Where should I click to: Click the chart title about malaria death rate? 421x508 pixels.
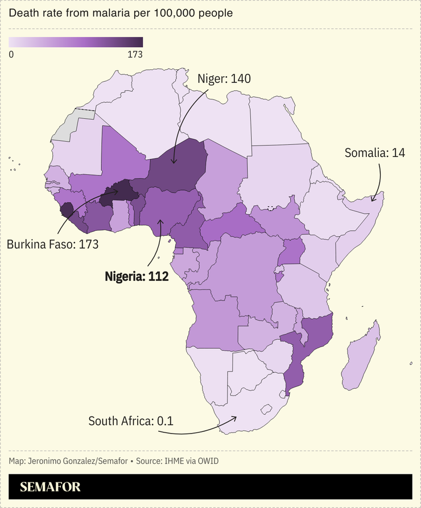point(121,13)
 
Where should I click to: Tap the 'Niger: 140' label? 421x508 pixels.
point(224,79)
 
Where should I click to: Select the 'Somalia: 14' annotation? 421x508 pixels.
point(374,153)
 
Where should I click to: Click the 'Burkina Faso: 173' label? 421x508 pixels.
point(53,245)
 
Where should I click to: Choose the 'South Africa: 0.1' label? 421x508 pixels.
point(130,421)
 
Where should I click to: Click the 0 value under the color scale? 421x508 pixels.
point(11,55)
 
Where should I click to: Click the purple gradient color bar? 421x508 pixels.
point(76,42)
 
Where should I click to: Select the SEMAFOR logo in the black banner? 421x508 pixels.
point(50,487)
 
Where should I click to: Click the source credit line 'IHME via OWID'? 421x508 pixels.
point(188,460)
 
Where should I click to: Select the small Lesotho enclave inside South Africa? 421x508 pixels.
point(265,408)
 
